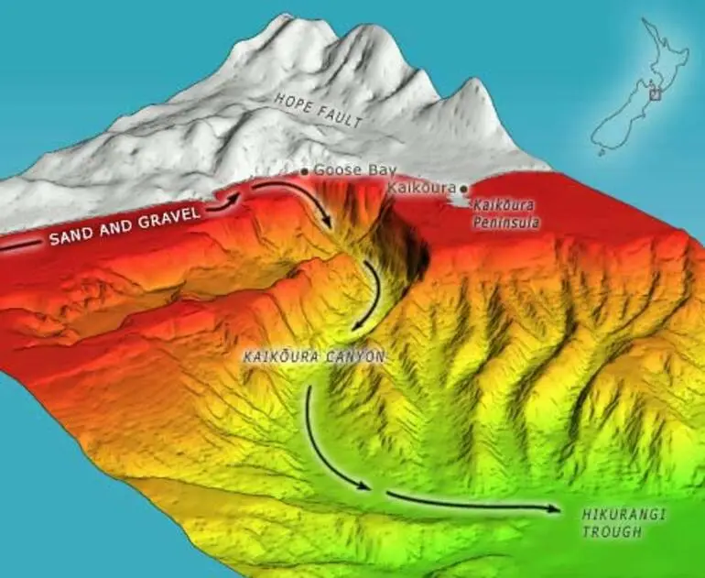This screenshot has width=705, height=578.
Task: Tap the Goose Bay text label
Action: [343, 170]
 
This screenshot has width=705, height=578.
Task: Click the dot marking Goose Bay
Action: [305, 171]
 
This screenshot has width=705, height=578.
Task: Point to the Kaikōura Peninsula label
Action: [506, 214]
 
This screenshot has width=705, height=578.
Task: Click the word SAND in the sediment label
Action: [71, 237]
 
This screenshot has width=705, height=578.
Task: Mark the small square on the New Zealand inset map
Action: [655, 93]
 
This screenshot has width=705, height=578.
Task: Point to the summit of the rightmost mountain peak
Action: [476, 82]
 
